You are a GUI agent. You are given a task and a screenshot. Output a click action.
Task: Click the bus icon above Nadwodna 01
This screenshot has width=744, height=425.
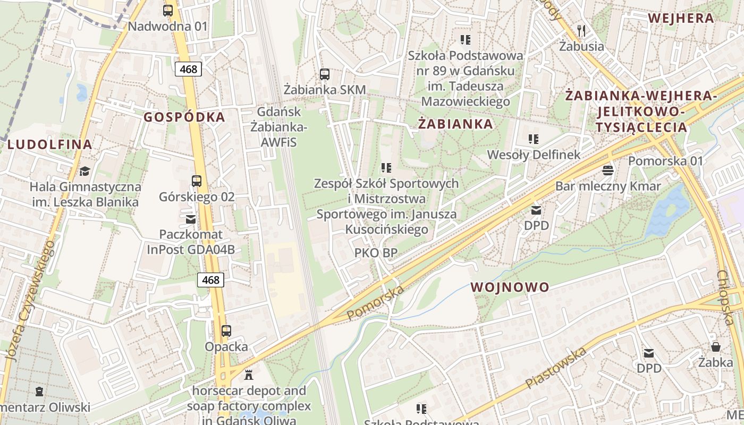(168, 10)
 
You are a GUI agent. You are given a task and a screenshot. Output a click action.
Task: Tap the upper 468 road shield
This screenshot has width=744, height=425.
(188, 69)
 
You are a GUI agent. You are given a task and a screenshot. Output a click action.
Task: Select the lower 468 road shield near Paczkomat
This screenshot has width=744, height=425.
(210, 280)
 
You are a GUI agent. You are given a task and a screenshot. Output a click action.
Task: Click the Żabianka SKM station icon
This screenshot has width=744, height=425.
(325, 74)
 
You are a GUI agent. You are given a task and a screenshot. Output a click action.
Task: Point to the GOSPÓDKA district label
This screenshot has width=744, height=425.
(184, 117)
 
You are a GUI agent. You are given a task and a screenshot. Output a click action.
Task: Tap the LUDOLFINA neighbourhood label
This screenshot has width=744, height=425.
(50, 144)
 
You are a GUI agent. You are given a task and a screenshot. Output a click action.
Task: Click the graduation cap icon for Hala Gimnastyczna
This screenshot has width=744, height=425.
(84, 171)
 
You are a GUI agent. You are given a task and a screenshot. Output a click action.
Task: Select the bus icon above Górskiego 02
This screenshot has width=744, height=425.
(197, 181)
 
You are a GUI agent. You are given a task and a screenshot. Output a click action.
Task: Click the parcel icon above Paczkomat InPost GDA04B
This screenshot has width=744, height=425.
(191, 218)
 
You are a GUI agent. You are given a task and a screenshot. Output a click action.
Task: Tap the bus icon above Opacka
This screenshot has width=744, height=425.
(226, 331)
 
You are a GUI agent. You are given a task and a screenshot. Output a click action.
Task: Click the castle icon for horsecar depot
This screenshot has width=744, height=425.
(248, 375)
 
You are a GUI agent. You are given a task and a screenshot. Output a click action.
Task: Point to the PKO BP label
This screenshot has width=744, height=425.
(376, 253)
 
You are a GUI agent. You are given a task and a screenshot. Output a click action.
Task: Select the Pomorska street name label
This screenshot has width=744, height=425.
(375, 303)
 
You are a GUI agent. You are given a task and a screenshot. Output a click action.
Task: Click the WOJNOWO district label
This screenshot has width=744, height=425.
(510, 287)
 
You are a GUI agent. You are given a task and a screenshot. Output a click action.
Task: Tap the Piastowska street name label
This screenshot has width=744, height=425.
(556, 367)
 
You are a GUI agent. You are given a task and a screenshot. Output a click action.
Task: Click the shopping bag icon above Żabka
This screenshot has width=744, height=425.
(716, 347)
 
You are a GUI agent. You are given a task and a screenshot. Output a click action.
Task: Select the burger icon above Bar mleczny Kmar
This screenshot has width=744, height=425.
(608, 170)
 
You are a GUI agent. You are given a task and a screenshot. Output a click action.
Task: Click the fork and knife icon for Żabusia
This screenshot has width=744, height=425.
(581, 30)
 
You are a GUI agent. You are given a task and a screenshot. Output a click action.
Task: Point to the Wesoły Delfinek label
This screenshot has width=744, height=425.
(534, 155)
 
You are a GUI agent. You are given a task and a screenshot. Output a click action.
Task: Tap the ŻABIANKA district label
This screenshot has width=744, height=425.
(455, 124)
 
